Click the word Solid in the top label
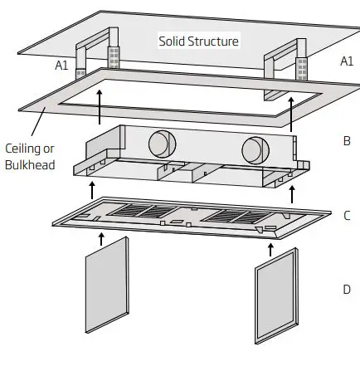click(173, 41)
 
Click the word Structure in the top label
click(212, 41)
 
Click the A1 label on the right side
click(346, 61)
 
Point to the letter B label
click(346, 141)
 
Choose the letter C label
click(346, 215)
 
